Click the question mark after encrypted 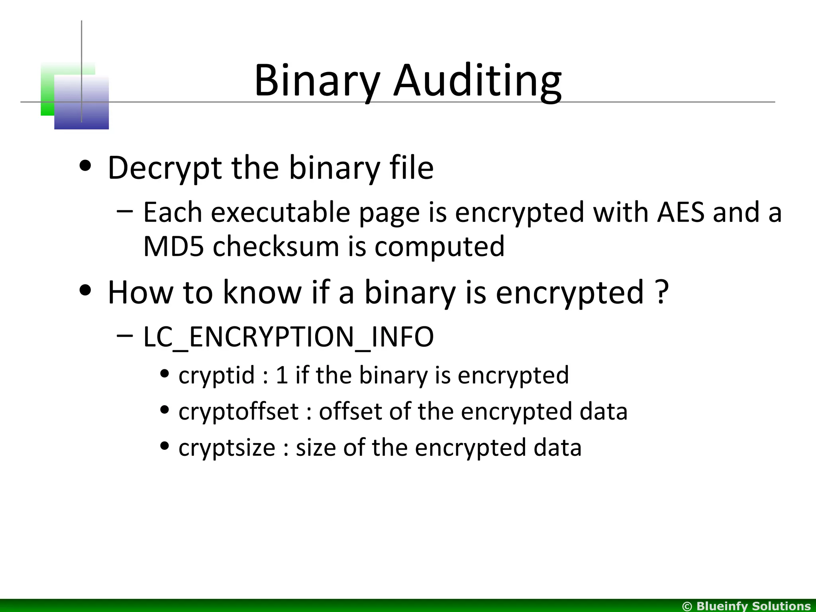click(661, 292)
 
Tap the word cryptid click(216, 375)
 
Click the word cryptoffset click(238, 411)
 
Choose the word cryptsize click(227, 447)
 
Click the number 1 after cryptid click(282, 375)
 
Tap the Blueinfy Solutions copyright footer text click(747, 606)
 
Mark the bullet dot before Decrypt click(85, 166)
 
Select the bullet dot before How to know click(85, 290)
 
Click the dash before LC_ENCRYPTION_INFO click(125, 335)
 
